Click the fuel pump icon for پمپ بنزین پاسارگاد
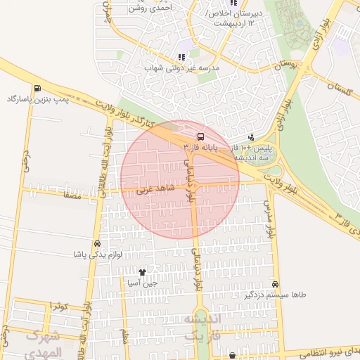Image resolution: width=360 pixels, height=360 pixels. (x=34, y=88)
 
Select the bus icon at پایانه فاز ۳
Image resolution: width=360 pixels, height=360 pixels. (x=201, y=136)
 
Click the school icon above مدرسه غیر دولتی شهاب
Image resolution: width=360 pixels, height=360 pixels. (x=181, y=57)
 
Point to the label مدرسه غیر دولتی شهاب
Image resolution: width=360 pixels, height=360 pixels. (x=182, y=68)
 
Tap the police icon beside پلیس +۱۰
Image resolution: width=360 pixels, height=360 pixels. (x=252, y=137)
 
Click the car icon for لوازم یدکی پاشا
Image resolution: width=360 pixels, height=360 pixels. (x=97, y=243)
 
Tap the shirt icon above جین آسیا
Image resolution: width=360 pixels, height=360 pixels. (x=142, y=272)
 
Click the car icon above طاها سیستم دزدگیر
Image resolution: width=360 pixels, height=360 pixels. (x=275, y=284)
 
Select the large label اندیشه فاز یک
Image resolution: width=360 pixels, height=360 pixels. (x=203, y=326)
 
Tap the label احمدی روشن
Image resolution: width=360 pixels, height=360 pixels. (x=150, y=8)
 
